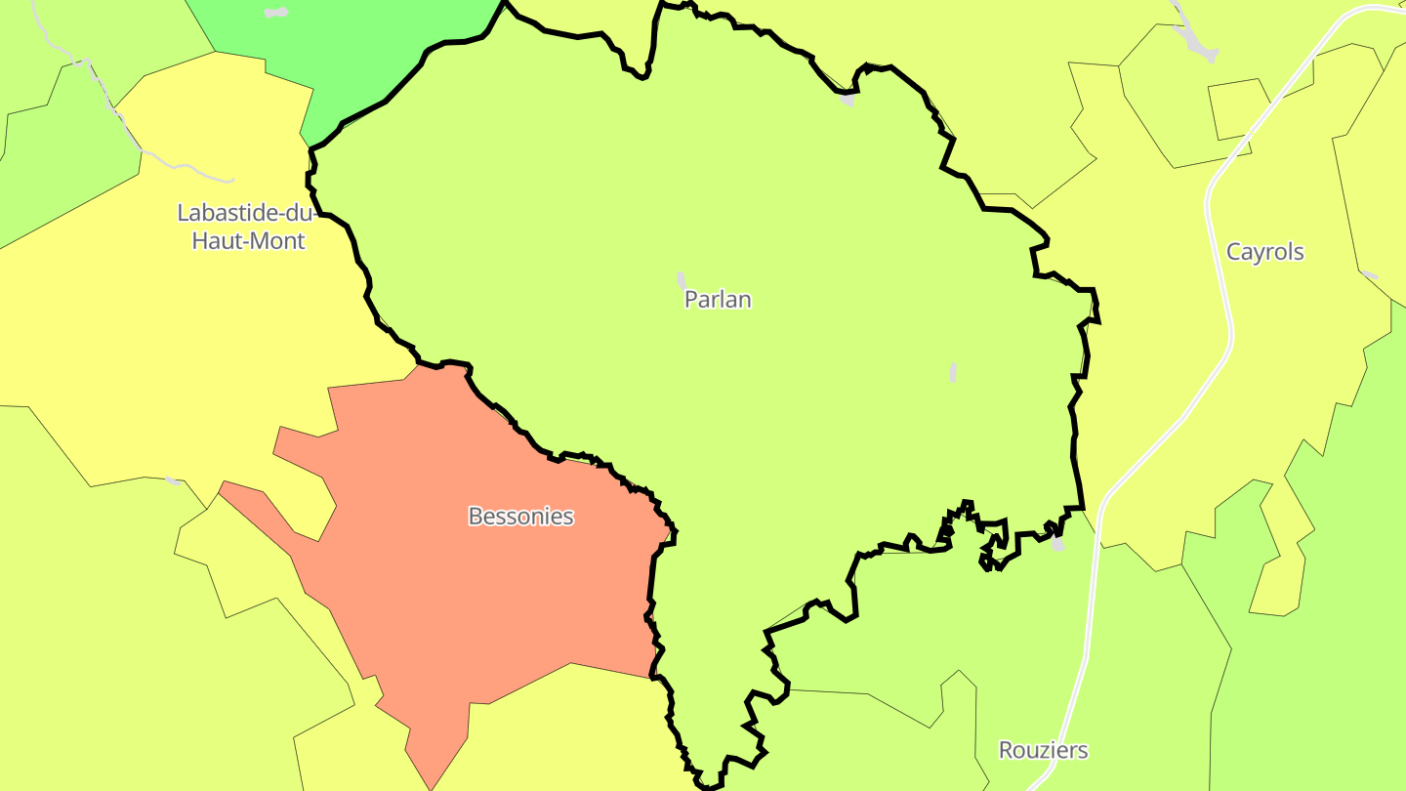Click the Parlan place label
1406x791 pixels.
tap(718, 299)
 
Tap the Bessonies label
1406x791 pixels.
tap(520, 516)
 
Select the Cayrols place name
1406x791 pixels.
tap(1264, 252)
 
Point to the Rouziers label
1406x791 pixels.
tap(1043, 750)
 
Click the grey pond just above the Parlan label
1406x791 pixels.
tap(682, 279)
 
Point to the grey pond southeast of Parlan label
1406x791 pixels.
tap(953, 372)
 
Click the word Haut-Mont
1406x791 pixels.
tap(248, 241)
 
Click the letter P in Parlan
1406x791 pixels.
tap(690, 299)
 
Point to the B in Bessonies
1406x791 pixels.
tap(476, 516)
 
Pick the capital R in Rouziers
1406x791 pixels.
tap(1006, 750)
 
